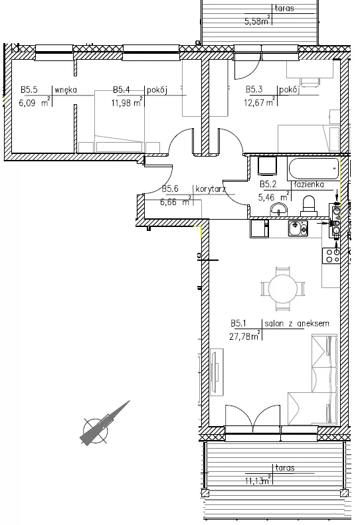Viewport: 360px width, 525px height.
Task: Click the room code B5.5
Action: pyautogui.click(x=29, y=90)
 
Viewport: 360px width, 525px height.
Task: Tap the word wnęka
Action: pyautogui.click(x=66, y=90)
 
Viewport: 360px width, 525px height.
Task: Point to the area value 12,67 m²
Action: pyautogui.click(x=259, y=102)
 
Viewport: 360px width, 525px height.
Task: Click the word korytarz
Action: pyautogui.click(x=211, y=189)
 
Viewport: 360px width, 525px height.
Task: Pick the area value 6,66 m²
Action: pyautogui.click(x=175, y=201)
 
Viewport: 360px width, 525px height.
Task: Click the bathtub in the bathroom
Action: pyautogui.click(x=314, y=169)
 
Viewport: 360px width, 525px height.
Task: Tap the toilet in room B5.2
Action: pyautogui.click(x=309, y=206)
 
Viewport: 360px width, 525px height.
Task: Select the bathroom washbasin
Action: pyautogui.click(x=279, y=210)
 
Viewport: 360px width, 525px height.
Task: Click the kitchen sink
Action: pyautogui.click(x=298, y=228)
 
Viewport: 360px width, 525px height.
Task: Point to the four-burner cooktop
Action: pyautogui.click(x=331, y=255)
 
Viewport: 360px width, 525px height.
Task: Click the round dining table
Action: pyautogui.click(x=283, y=289)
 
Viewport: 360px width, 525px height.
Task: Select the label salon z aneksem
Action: pyautogui.click(x=297, y=323)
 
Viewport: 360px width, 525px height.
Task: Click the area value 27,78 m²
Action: pyautogui.click(x=244, y=335)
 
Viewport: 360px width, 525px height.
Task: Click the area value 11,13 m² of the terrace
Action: pyautogui.click(x=258, y=481)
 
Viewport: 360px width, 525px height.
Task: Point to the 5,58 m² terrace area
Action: pyautogui.click(x=257, y=21)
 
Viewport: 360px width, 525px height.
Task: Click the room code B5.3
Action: pyautogui.click(x=254, y=90)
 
